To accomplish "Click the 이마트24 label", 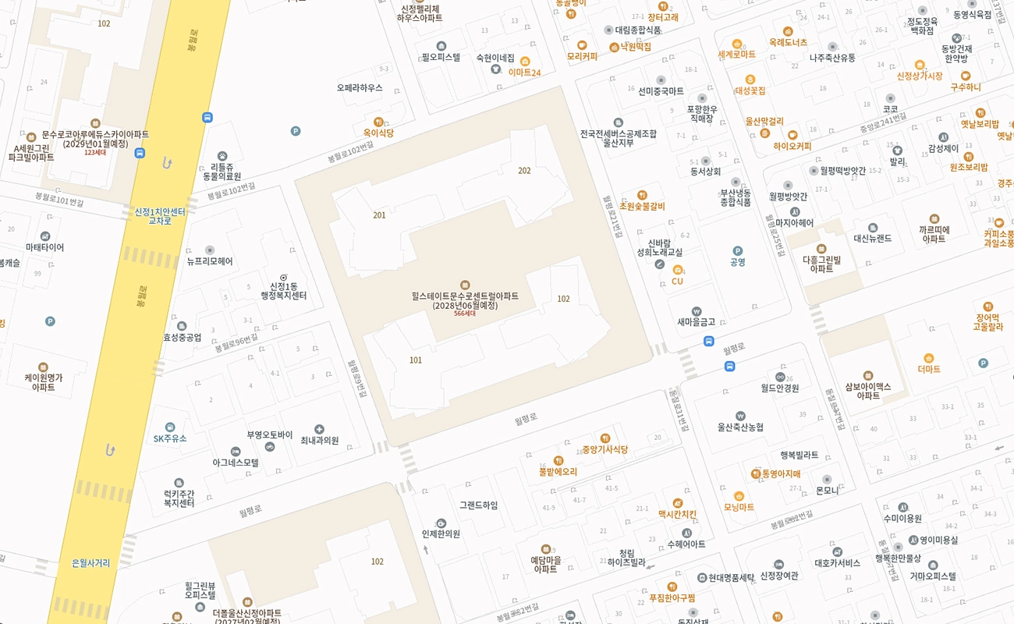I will (524, 73).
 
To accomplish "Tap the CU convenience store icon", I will (677, 270).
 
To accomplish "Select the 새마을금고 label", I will (696, 321).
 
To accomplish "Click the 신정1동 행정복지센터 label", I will (283, 291).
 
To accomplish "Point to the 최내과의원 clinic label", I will (319, 440).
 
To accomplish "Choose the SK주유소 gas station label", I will (170, 438).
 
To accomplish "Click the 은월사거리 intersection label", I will (90, 562).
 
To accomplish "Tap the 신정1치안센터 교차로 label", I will (160, 216).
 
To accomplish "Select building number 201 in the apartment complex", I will (379, 215).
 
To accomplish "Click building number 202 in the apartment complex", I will (524, 171).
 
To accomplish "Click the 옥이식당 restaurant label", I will (378, 133).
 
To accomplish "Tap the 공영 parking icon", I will (737, 251).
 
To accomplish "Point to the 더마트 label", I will (929, 369).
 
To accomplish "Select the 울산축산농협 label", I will (740, 427).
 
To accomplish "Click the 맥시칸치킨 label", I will (677, 514).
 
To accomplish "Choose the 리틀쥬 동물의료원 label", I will (222, 172).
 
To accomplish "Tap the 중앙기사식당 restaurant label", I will (604, 449).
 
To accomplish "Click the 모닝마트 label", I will (739, 506).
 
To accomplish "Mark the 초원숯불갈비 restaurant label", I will (642, 206).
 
